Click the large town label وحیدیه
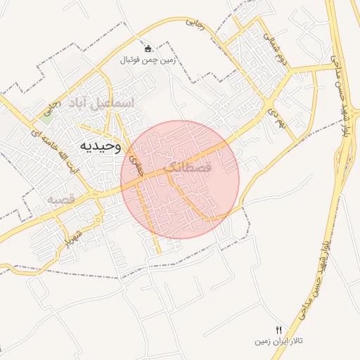point(100,146)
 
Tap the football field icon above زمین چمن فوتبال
point(148,49)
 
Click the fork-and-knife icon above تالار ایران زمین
point(279,330)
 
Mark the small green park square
point(46,117)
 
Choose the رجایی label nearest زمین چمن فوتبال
point(195,23)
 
